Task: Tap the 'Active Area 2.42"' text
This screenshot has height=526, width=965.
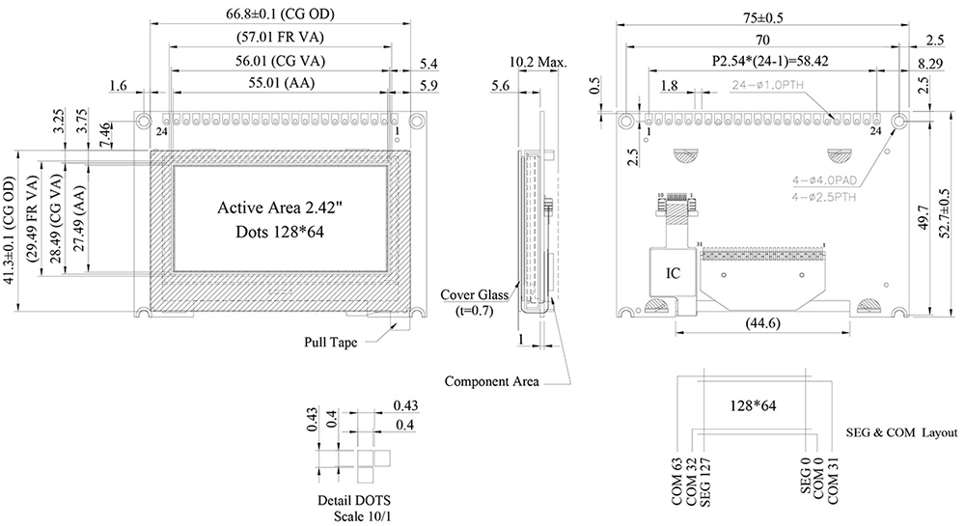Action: tap(280, 208)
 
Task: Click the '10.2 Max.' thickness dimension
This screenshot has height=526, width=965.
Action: tap(538, 63)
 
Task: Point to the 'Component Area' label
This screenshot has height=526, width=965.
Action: tap(491, 381)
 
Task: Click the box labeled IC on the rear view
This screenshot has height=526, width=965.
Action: tap(673, 274)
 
